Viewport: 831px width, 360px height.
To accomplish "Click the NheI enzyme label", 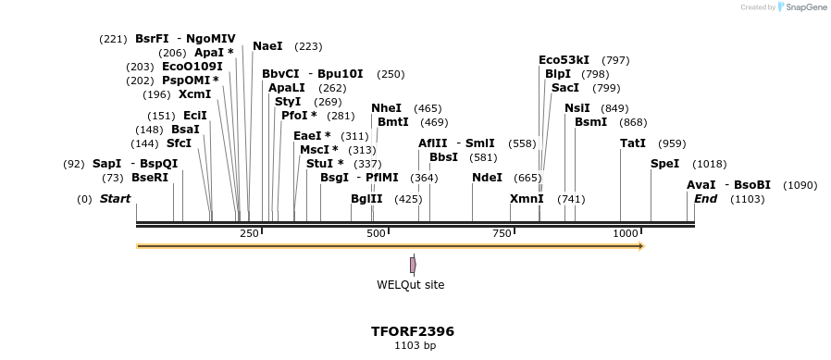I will (x=387, y=108).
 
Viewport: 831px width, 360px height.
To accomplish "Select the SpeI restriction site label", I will (x=664, y=164).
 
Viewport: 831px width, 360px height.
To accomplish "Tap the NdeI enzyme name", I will (x=487, y=178).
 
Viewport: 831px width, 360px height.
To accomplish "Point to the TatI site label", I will (x=633, y=143).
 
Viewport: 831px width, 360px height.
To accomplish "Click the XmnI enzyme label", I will (x=527, y=199).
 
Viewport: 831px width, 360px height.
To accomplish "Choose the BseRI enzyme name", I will (x=150, y=178).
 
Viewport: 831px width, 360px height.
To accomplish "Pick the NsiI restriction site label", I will (x=577, y=108).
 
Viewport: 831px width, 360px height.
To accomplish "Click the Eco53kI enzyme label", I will (x=564, y=60).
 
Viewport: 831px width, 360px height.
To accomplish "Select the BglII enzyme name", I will (x=366, y=199).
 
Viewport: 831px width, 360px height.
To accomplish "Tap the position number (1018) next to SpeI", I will (x=710, y=164).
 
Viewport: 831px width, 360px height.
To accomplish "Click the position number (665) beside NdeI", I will (x=527, y=178).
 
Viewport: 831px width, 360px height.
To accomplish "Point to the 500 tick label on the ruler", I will (x=376, y=233).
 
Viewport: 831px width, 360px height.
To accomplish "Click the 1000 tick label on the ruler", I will (x=626, y=233).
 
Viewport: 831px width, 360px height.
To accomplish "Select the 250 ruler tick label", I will (x=249, y=233).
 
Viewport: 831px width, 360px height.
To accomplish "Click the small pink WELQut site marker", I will (x=413, y=265).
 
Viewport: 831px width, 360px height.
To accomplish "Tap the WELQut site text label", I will (x=410, y=285).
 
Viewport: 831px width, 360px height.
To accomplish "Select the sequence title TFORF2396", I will (x=413, y=331).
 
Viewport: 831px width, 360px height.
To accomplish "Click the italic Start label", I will (x=115, y=199).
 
